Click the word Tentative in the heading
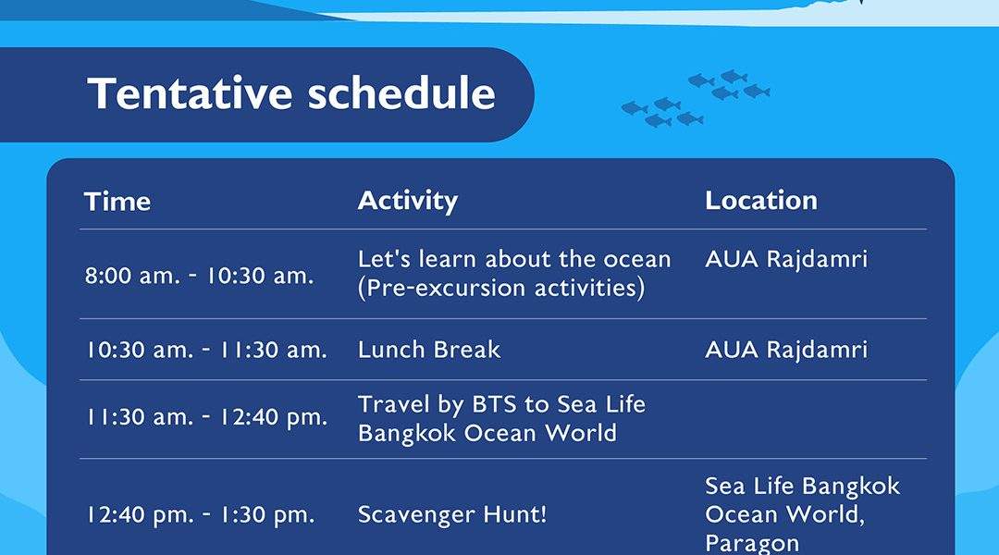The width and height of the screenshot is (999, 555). [x=190, y=93]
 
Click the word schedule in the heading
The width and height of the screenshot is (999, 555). [x=401, y=93]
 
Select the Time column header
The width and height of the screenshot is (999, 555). [x=117, y=202]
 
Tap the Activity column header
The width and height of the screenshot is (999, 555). [x=408, y=201]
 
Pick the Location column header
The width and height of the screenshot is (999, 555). [x=760, y=201]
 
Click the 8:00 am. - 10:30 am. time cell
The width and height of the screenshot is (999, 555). [x=200, y=276]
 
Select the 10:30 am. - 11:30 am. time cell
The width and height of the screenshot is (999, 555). [x=206, y=350]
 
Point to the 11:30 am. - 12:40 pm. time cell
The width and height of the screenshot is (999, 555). [x=207, y=417]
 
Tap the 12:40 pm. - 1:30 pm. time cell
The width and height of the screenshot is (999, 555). [x=201, y=515]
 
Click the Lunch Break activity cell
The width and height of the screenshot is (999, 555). [x=429, y=350]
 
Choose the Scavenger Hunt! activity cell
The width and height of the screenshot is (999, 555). [x=452, y=514]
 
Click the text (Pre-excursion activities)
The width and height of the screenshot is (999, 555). [x=501, y=288]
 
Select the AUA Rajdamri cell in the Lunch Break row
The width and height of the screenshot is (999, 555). [x=786, y=350]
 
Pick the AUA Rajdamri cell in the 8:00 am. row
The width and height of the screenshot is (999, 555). [x=786, y=259]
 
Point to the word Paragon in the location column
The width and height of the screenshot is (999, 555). [x=752, y=544]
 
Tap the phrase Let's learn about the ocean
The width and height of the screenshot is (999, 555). [x=514, y=259]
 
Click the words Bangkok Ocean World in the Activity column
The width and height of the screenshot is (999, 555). [x=487, y=433]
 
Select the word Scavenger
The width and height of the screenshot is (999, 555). [x=416, y=515]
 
